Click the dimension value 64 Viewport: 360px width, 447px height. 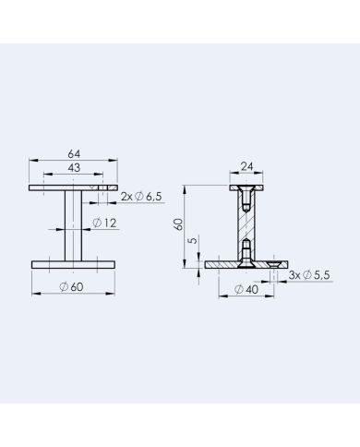click(x=74, y=153)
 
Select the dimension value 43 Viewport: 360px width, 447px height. click(x=74, y=168)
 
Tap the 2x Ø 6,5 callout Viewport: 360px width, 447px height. click(x=141, y=197)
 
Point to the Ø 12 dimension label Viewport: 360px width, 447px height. click(x=104, y=223)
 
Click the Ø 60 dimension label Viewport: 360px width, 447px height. click(x=71, y=287)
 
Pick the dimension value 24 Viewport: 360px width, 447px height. click(x=246, y=166)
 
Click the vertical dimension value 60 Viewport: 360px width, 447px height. click(x=178, y=224)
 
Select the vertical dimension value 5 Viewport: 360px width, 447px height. click(x=193, y=240)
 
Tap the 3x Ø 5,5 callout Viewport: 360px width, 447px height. click(x=309, y=275)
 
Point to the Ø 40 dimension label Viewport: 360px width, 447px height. click(x=246, y=289)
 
